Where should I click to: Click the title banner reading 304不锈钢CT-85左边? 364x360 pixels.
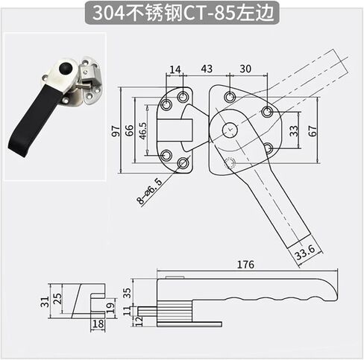[182, 13]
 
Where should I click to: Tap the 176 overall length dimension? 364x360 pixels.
[245, 265]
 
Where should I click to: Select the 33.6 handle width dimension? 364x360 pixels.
[305, 252]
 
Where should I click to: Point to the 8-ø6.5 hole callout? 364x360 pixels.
[149, 191]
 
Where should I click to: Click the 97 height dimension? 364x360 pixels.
[116, 130]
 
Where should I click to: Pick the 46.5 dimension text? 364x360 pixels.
[142, 130]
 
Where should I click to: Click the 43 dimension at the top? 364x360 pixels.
[207, 69]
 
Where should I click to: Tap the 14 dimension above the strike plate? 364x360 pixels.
[175, 69]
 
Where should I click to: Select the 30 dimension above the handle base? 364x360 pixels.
[245, 69]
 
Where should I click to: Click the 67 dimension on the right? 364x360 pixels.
[313, 131]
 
